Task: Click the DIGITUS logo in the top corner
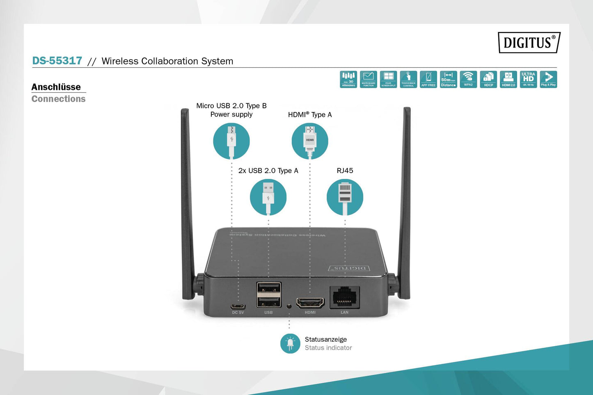(x=529, y=43)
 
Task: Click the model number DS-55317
(x=57, y=61)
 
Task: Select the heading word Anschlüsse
(x=56, y=87)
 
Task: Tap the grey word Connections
(x=58, y=99)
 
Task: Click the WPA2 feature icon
(x=468, y=79)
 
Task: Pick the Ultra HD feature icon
(x=528, y=79)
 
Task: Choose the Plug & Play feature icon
(x=548, y=79)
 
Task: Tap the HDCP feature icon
(x=488, y=79)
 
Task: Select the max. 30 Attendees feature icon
(x=348, y=79)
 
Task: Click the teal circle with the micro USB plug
(x=231, y=141)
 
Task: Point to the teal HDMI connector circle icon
(x=310, y=141)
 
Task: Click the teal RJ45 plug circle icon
(x=345, y=197)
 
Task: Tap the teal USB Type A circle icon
(x=268, y=197)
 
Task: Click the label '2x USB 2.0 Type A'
(x=268, y=171)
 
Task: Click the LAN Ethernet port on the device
(x=345, y=297)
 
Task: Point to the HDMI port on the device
(x=310, y=303)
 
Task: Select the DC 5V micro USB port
(x=238, y=306)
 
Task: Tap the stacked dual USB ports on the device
(x=269, y=295)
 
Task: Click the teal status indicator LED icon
(x=290, y=343)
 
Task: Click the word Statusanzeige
(x=326, y=339)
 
